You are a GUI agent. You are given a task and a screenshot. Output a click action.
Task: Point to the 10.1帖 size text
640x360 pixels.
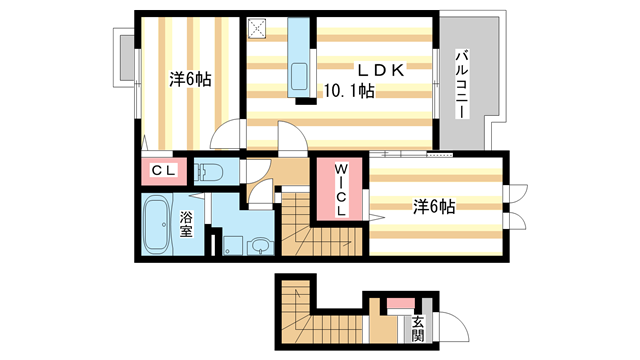pyautogui.click(x=348, y=93)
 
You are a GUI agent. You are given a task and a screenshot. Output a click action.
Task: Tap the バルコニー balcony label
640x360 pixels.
pyautogui.click(x=462, y=84)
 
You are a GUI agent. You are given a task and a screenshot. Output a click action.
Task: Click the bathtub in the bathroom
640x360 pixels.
pyautogui.click(x=156, y=224)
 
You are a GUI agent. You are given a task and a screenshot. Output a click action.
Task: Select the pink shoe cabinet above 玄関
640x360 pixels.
pyautogui.click(x=399, y=303)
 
